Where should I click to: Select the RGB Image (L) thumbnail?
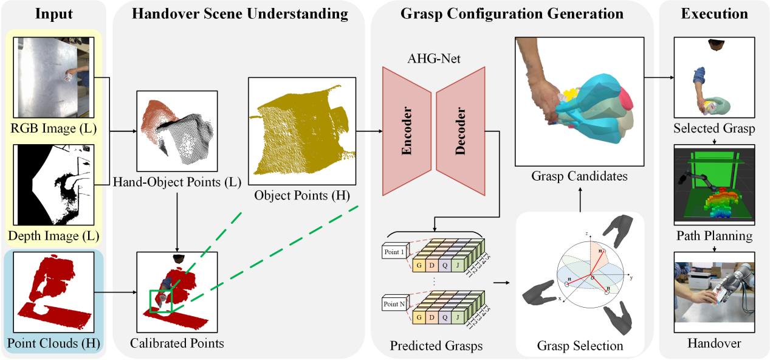click(x=54, y=77)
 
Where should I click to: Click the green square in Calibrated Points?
click(x=160, y=301)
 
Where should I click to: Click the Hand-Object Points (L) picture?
click(x=177, y=131)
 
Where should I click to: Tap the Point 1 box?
click(x=393, y=251)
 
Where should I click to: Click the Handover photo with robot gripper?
click(x=714, y=291)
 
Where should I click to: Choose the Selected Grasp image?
click(x=714, y=77)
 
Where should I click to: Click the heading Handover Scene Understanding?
click(x=240, y=13)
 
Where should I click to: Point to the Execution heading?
click(x=714, y=13)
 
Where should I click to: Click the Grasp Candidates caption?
click(x=579, y=176)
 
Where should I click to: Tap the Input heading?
click(x=54, y=13)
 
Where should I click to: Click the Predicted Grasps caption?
click(x=436, y=346)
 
